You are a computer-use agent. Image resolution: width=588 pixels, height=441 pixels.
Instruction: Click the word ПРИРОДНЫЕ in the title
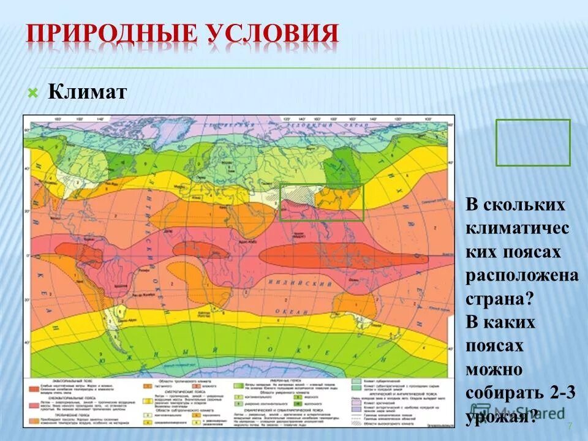(x=110, y=34)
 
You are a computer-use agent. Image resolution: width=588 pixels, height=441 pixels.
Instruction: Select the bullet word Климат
(x=88, y=93)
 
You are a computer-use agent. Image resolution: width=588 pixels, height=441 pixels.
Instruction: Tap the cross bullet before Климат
(x=33, y=93)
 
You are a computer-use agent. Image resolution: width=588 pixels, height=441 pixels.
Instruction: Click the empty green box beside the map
(x=533, y=143)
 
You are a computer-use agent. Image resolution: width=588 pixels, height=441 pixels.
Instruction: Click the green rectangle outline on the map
(x=322, y=202)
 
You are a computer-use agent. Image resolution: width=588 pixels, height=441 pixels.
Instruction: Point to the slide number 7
(x=570, y=426)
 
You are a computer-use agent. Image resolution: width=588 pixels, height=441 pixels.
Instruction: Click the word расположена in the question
(x=522, y=275)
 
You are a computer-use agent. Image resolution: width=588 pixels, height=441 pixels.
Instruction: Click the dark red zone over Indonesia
(x=343, y=256)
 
